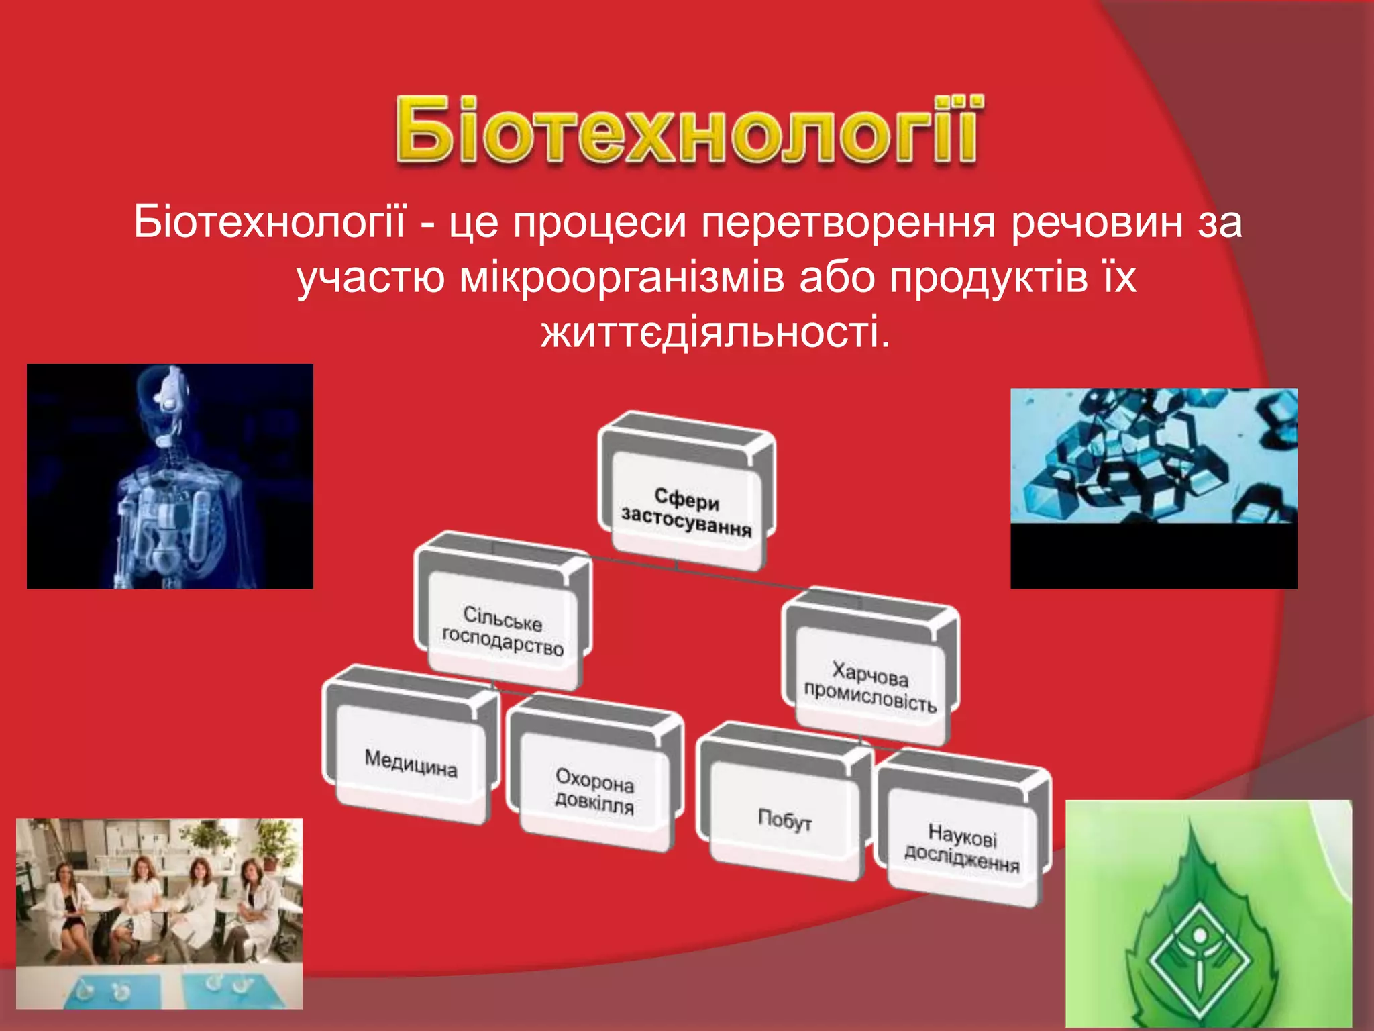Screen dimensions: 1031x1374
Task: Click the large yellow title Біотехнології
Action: coord(688,131)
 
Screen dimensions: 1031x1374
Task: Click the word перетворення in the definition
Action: coord(849,223)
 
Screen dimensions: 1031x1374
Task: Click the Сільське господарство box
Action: coord(502,631)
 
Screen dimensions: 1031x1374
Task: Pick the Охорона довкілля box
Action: coord(594,792)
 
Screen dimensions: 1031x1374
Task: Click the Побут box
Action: coord(784,819)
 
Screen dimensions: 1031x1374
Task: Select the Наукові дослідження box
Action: coord(961,849)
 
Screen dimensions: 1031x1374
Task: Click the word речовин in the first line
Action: coord(1097,223)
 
